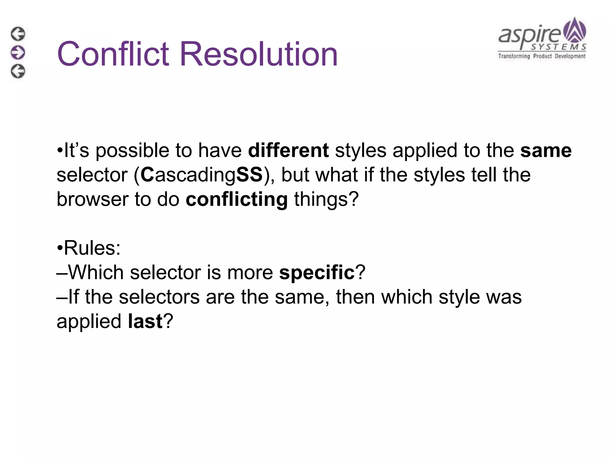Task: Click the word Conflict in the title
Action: coord(113,54)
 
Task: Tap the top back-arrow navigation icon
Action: coord(18,34)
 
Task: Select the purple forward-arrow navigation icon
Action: coord(18,52)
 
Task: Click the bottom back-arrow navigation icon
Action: coord(18,71)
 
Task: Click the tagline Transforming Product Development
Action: coord(542,56)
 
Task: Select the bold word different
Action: coord(288,150)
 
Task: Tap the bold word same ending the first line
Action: coord(546,150)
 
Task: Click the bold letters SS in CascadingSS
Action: coord(249,175)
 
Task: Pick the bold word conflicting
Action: coord(236,199)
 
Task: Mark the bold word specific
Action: coord(317,273)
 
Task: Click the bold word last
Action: coord(145,321)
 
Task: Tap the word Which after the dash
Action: coord(96,273)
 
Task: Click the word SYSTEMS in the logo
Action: coord(558,47)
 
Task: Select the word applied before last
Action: coord(89,321)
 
